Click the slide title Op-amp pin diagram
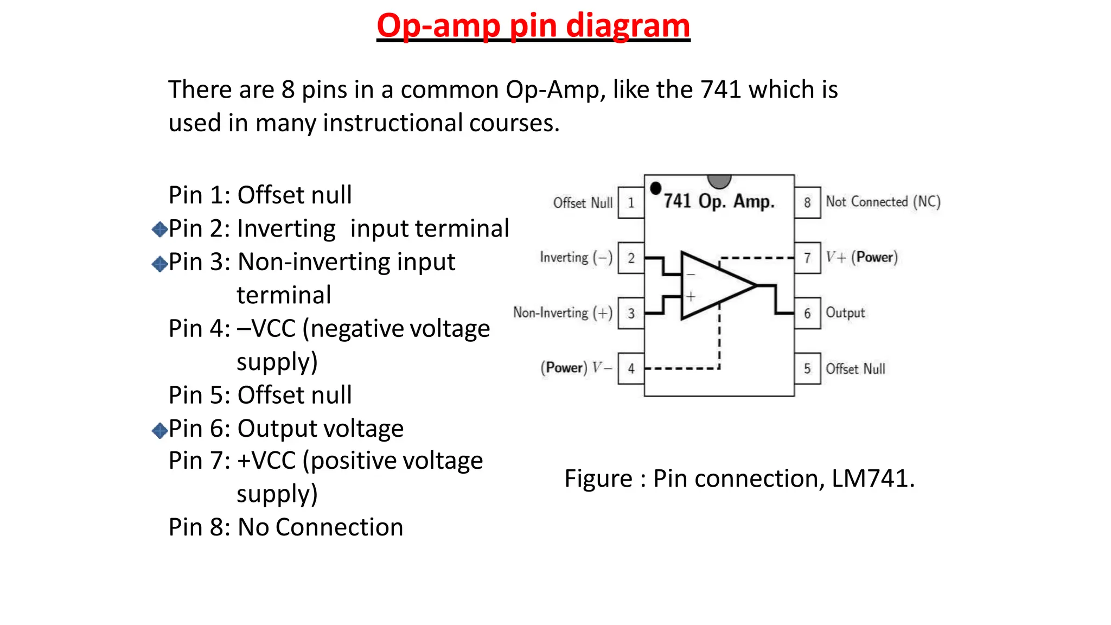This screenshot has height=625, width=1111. (x=533, y=25)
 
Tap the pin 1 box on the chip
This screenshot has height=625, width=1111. (x=631, y=203)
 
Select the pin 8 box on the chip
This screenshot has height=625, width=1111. (x=807, y=203)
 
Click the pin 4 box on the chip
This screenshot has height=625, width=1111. (x=631, y=368)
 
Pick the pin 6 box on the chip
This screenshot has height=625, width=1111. (x=807, y=313)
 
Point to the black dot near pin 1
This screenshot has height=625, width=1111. (x=655, y=188)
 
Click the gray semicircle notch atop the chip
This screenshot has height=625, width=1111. (x=719, y=181)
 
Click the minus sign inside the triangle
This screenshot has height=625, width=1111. (x=691, y=275)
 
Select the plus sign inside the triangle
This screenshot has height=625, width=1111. (x=691, y=297)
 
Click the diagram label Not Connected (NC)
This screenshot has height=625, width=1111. (x=883, y=202)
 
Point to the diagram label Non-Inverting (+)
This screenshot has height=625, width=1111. (x=563, y=313)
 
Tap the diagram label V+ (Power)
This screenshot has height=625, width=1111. (x=861, y=257)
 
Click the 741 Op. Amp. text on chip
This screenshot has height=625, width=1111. (x=719, y=201)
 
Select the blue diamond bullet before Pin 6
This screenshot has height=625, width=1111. (x=159, y=431)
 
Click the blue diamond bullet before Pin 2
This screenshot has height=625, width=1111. (x=159, y=229)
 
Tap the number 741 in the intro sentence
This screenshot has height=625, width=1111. (x=720, y=90)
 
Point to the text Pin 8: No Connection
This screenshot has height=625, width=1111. (x=286, y=527)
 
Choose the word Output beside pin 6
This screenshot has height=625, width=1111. (x=845, y=313)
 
